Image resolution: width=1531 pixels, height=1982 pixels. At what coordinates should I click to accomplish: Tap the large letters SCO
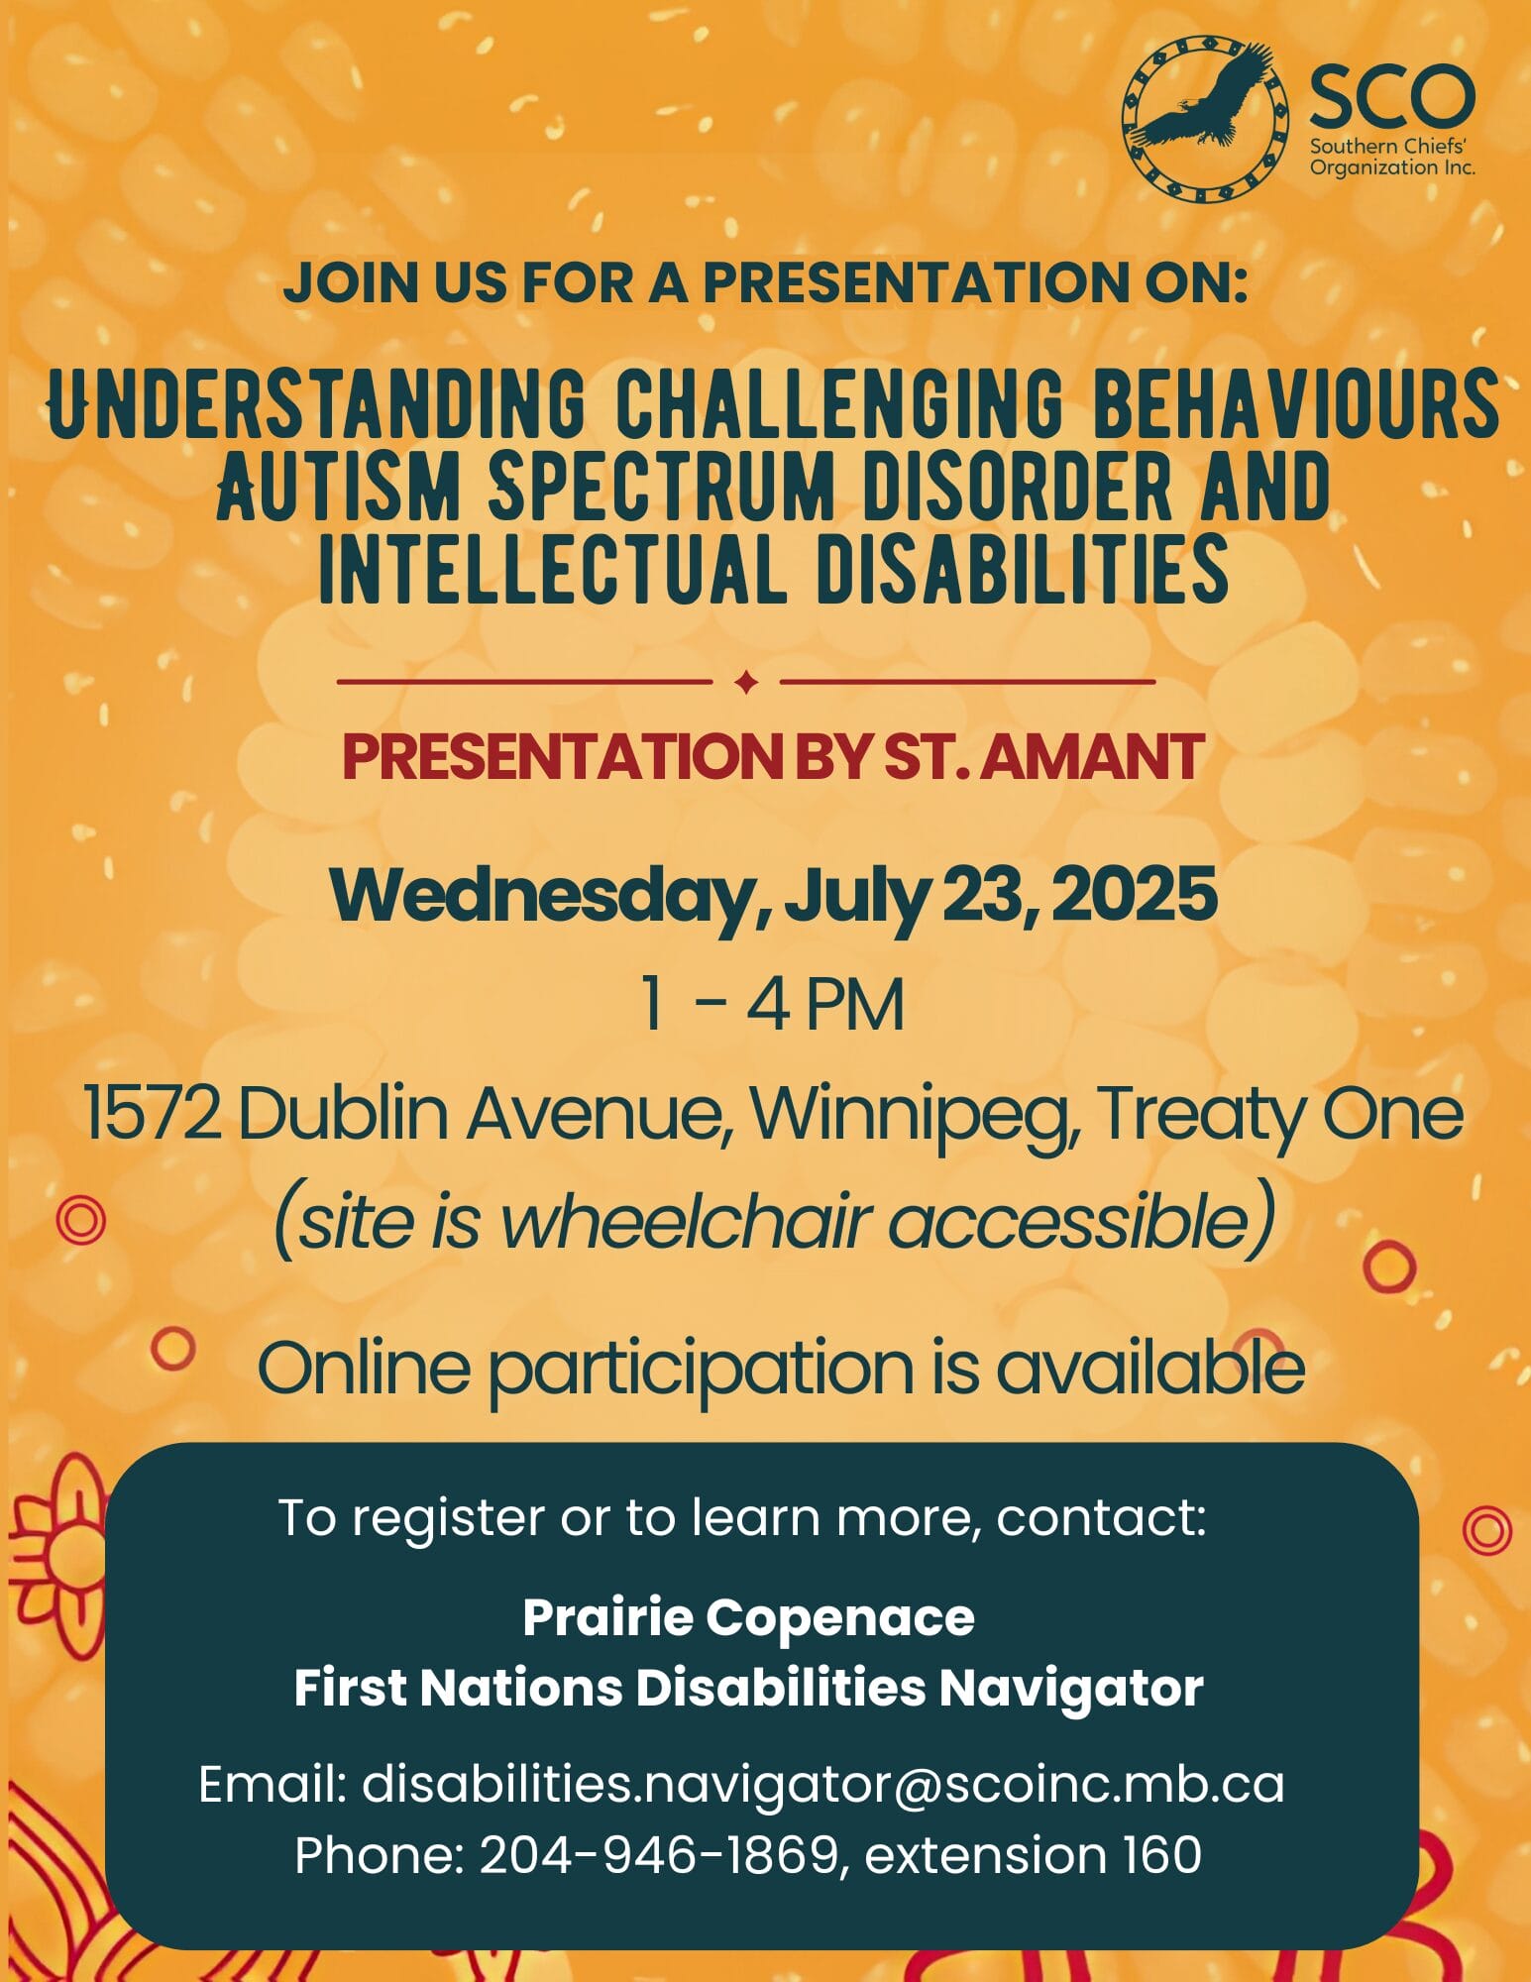click(x=1392, y=97)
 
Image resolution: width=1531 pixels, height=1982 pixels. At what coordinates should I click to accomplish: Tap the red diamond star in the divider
click(x=747, y=682)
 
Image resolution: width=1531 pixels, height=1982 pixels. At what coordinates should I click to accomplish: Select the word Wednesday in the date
click(x=540, y=896)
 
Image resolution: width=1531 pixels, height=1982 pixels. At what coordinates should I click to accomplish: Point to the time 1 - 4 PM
click(x=772, y=1005)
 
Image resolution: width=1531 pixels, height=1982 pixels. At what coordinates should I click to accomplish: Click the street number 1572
click(x=152, y=1114)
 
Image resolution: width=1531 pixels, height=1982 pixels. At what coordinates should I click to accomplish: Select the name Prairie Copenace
click(x=748, y=1617)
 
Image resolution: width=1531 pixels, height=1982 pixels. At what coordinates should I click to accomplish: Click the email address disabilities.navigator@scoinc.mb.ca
click(x=822, y=1784)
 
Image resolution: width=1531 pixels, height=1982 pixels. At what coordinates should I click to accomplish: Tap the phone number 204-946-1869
click(x=659, y=1855)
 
